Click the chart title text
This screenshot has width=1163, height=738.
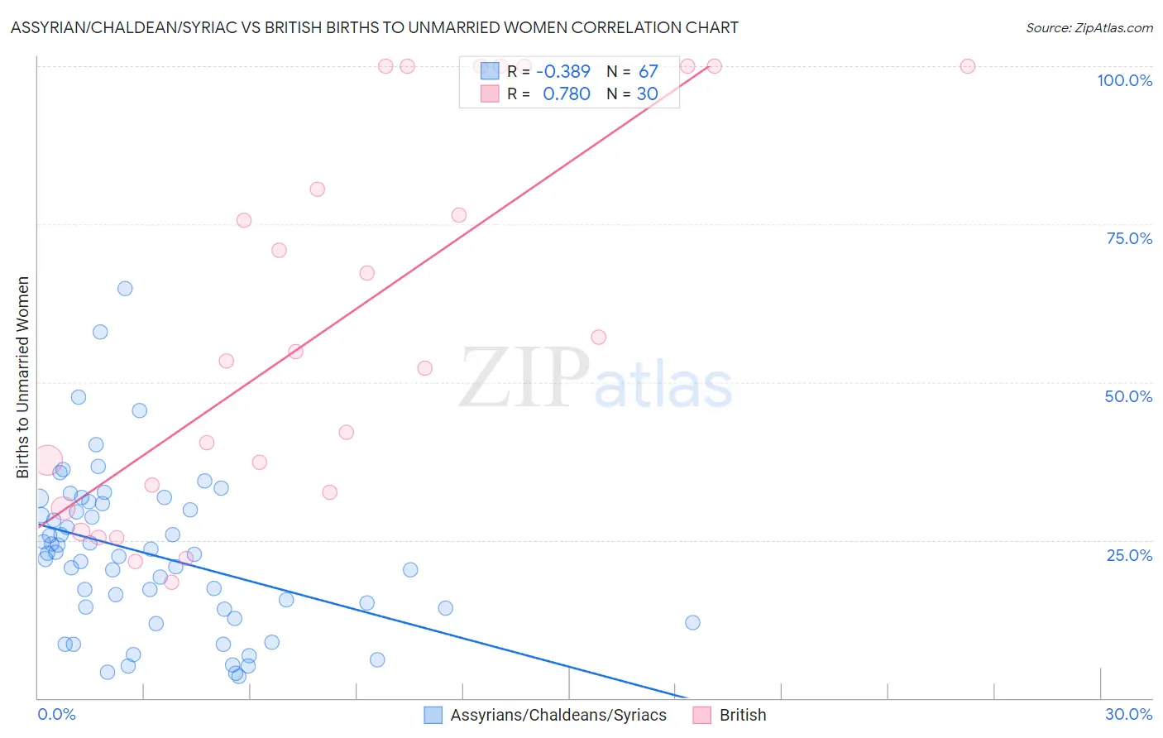(374, 27)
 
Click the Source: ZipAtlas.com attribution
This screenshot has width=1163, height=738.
(1089, 27)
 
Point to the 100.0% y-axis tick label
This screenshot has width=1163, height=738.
(1124, 80)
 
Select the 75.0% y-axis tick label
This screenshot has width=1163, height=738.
(1129, 238)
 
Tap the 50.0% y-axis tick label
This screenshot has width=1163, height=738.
(1128, 396)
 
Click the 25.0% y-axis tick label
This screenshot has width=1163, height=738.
(1129, 555)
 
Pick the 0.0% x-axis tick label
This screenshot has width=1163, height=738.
(56, 714)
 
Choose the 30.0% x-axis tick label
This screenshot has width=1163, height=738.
(1128, 714)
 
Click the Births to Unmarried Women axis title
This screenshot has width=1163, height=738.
(22, 377)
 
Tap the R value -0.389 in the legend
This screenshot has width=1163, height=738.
(562, 71)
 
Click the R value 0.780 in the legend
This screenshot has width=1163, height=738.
(566, 94)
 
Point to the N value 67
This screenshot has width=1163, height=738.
(648, 71)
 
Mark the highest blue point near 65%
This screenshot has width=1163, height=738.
(125, 289)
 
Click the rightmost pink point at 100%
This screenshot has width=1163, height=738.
(967, 66)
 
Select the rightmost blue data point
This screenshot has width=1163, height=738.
(692, 622)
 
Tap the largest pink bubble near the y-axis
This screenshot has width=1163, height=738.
(48, 459)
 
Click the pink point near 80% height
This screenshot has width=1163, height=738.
(317, 189)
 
